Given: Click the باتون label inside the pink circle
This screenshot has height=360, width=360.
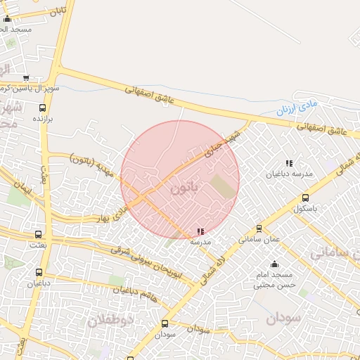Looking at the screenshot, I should pos(185,188).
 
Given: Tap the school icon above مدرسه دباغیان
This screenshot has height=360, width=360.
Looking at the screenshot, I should pos(288,164).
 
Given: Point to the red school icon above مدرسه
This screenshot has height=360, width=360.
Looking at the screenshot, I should pos(201,231).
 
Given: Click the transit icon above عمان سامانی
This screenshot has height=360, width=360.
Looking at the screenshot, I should pos(259,229).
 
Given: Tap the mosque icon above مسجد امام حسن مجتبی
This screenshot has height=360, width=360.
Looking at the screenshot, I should pos(274,264).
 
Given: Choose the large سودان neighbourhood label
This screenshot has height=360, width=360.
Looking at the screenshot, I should pos(283,318).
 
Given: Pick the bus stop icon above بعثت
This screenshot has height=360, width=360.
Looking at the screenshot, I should pos(38,235).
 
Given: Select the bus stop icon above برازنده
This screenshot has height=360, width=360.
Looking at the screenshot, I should pos(42,109).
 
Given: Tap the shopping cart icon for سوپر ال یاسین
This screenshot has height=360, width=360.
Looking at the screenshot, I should pos(26,78).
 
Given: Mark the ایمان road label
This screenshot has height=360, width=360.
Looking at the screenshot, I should pos(21,187).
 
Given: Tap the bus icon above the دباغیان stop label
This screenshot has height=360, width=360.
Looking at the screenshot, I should pos(38,272).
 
